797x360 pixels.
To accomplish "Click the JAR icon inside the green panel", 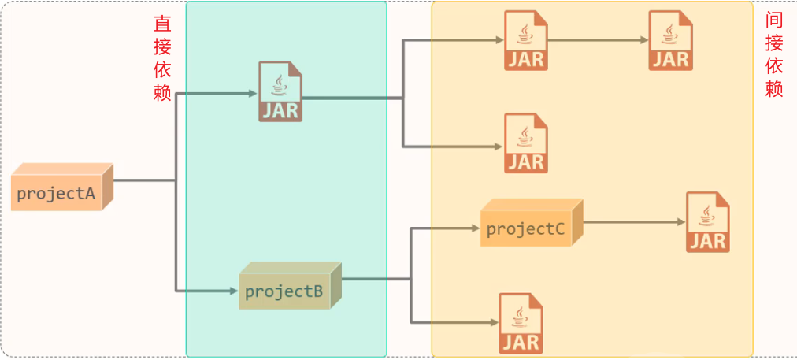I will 280,92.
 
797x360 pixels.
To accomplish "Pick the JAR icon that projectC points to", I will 707,222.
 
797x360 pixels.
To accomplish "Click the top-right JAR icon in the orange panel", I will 670,41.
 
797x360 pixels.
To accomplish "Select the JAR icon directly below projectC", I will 521,323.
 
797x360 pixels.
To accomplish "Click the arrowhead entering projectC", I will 475,229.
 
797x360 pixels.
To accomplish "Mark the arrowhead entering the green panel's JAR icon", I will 253,94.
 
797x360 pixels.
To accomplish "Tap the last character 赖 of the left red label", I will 162,93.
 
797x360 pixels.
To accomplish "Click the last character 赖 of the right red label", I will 774,88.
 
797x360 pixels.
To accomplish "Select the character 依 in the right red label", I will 774,66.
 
